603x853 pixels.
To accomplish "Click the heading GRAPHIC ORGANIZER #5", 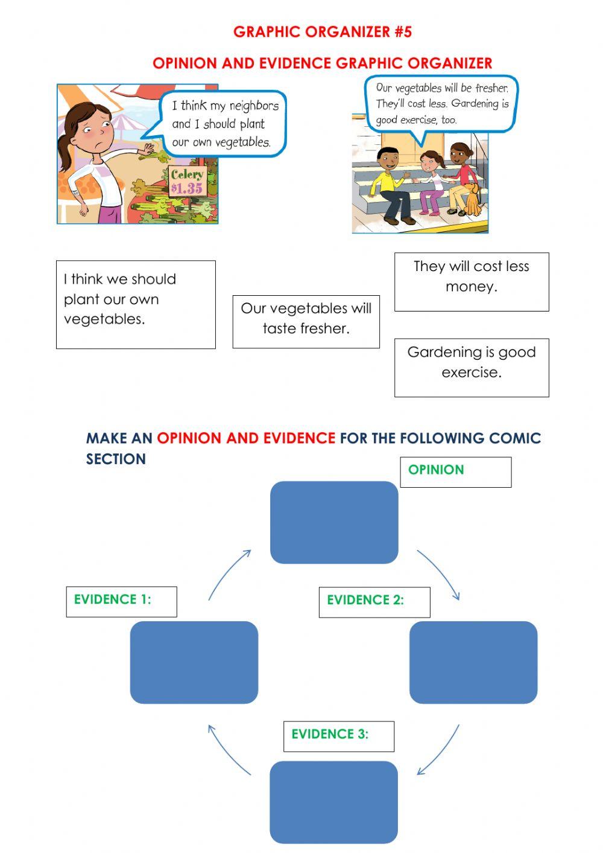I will [322, 32].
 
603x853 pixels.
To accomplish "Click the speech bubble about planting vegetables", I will [223, 124].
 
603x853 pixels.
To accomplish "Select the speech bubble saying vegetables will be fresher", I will [442, 103].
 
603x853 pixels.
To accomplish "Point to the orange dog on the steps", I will [473, 200].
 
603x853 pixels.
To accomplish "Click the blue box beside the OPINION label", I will [334, 522].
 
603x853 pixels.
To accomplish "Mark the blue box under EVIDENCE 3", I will [333, 802].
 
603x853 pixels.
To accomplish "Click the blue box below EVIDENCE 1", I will [194, 662].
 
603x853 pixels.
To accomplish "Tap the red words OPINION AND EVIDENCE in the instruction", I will [246, 438].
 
